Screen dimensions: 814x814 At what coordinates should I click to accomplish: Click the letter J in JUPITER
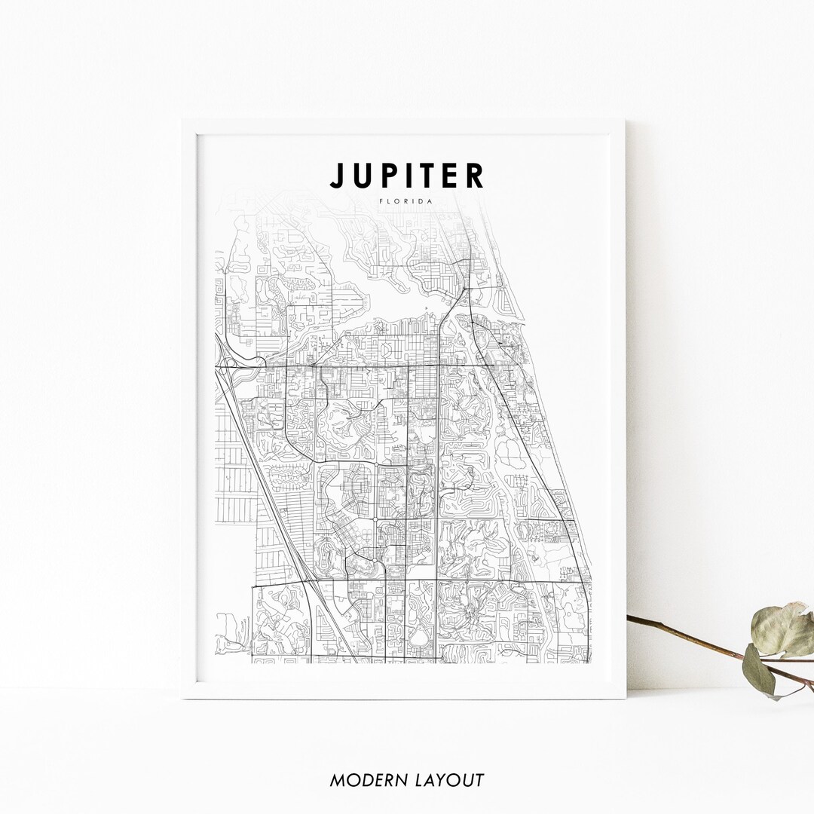tap(337, 176)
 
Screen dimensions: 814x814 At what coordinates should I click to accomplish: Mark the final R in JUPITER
tap(473, 176)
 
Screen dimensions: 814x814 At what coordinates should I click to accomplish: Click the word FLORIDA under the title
tap(407, 201)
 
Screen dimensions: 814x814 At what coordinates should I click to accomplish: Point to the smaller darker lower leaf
tap(759, 669)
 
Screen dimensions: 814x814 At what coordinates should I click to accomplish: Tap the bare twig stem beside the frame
tap(678, 633)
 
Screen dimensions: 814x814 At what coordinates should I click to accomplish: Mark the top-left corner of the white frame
tap(183, 121)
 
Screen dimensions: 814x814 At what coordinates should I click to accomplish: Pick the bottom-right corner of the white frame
tap(625, 697)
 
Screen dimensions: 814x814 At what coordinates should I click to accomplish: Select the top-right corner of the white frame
tap(625, 121)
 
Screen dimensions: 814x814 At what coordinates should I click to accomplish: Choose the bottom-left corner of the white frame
tap(183, 697)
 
